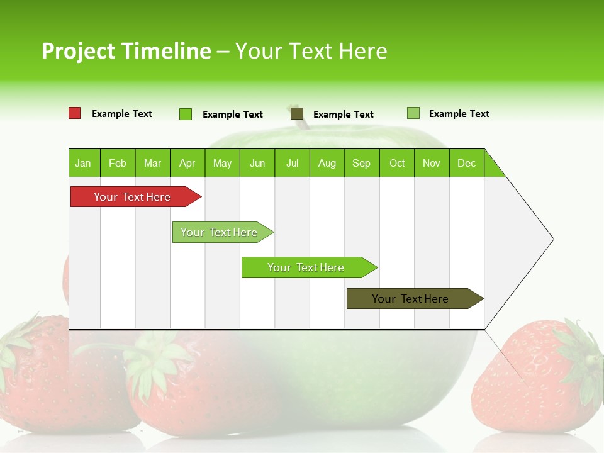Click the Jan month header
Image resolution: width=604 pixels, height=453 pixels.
(84, 163)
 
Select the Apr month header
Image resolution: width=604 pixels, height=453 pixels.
(187, 163)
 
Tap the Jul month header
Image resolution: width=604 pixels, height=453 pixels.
(292, 163)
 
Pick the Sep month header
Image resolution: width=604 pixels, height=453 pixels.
(361, 163)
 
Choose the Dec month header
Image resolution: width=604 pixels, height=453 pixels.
(466, 163)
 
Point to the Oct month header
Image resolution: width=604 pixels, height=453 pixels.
(397, 163)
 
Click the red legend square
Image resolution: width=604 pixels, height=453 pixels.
(74, 113)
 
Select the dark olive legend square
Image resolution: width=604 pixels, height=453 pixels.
(297, 114)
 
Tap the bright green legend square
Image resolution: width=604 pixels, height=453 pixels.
(186, 114)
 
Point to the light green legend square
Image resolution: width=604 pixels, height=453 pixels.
(413, 113)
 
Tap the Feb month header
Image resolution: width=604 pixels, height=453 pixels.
(118, 163)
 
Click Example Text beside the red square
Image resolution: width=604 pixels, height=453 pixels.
(122, 114)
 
